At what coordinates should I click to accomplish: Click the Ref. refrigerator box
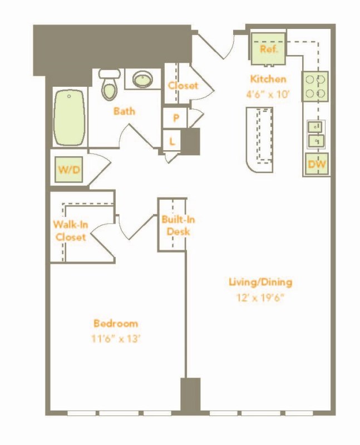pos(268,50)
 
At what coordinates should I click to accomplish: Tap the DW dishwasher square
pos(317,164)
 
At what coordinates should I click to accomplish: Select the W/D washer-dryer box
pos(69,170)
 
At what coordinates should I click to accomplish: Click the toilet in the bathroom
pos(110,85)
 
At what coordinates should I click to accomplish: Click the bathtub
pos(70,118)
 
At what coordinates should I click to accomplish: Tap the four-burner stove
pos(315,86)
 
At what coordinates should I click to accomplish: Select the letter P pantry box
pos(175,117)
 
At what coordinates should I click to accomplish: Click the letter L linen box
pos(172,141)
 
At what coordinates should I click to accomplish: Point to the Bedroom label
pos(116,324)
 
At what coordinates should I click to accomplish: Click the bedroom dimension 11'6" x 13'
pos(116,339)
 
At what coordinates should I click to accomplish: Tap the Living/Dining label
pos(260,282)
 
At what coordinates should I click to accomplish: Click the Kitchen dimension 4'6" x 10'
pos(268,94)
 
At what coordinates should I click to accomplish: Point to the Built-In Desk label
pos(178,225)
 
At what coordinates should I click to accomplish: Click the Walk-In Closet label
pos(71,231)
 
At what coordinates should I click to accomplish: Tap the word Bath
pos(124,111)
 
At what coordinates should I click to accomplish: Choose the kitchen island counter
pos(260,140)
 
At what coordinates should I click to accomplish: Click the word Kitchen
pos(268,79)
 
